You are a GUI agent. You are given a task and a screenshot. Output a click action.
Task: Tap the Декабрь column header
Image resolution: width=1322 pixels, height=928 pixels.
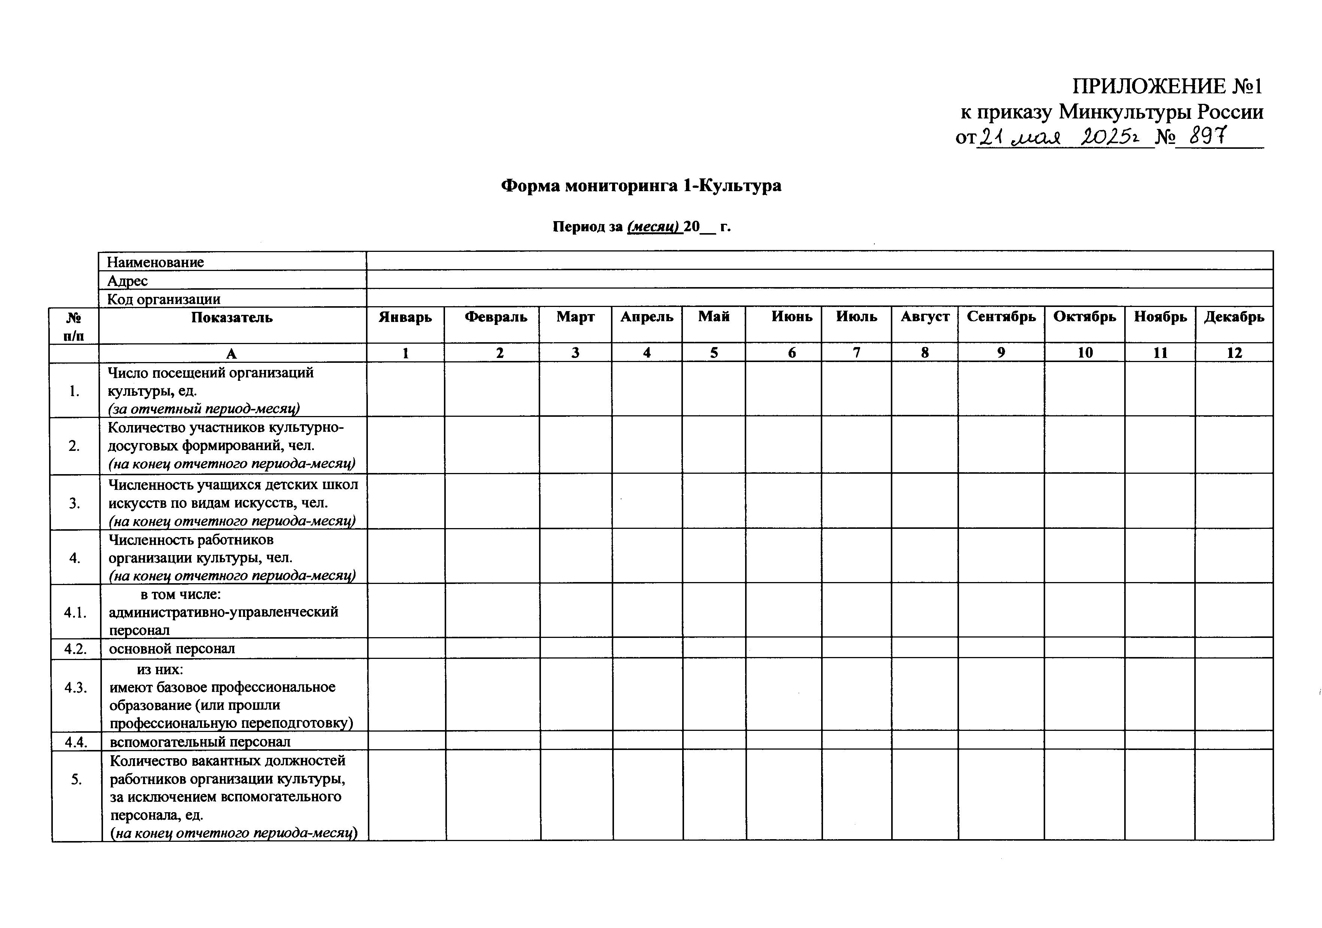(x=1234, y=317)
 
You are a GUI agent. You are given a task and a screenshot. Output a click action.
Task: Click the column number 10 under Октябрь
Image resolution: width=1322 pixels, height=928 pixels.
(x=1085, y=353)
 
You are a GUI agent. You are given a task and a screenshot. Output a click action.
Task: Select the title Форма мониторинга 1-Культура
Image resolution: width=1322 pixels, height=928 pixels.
(x=641, y=186)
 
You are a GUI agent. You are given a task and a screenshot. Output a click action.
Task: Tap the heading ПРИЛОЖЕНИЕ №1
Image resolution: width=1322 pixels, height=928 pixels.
(x=1167, y=87)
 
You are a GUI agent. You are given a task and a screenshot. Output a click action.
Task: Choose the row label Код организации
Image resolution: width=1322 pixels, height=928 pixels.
(x=164, y=299)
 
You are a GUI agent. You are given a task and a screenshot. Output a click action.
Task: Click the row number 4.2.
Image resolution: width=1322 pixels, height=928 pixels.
(x=75, y=649)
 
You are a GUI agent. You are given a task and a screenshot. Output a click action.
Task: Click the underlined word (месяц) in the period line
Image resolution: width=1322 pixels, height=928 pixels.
(x=654, y=226)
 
